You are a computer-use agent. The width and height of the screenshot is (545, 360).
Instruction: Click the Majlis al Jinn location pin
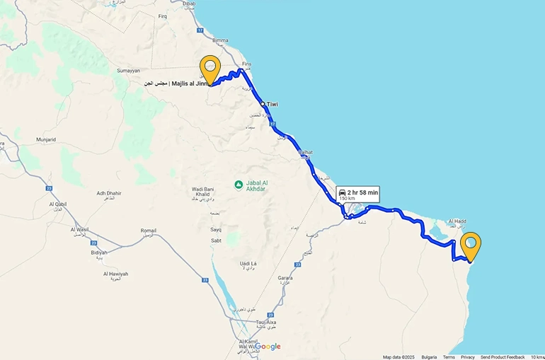[210, 68]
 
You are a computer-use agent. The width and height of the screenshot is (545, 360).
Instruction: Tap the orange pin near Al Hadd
[470, 245]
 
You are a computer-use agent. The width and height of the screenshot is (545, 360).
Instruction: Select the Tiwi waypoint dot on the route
[263, 104]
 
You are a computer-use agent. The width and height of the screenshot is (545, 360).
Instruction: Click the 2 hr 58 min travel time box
[357, 194]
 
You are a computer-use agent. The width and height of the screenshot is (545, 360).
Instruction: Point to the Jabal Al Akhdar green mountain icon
[239, 185]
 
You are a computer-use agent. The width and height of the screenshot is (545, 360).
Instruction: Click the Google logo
[268, 347]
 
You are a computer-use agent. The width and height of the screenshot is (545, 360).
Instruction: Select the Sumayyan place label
[129, 71]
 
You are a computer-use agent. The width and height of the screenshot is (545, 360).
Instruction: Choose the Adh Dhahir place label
[109, 193]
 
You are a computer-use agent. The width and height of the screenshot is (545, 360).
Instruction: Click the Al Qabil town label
[58, 204]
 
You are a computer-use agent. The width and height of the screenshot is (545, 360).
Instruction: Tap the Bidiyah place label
[99, 252]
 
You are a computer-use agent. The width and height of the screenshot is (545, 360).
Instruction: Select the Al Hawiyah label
[115, 274]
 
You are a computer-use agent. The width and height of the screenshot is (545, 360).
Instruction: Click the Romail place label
[149, 231]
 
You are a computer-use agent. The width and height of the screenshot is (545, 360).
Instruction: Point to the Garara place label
[285, 278]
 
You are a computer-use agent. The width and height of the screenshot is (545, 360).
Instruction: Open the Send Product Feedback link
[503, 357]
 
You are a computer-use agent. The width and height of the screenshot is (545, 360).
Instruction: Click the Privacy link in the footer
[468, 357]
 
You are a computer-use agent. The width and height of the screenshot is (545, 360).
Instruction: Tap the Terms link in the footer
[449, 357]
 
